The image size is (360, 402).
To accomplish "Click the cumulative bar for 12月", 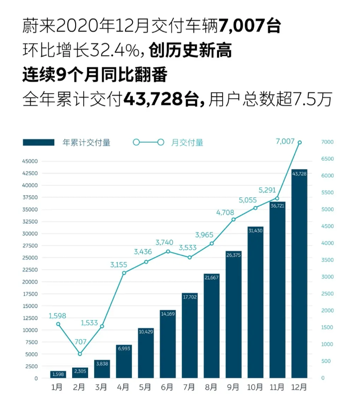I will (x=299, y=274).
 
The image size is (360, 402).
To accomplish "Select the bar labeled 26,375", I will (x=234, y=314).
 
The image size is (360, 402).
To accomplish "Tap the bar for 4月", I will (x=124, y=361).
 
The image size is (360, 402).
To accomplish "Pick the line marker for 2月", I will (x=80, y=354).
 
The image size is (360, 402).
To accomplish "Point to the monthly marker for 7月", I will (x=190, y=258).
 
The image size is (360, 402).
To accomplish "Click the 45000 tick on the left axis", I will (x=30, y=161).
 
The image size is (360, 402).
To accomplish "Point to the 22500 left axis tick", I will (x=30, y=269).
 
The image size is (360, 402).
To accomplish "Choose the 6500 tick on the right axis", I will (x=326, y=159).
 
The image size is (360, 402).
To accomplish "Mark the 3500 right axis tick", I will (x=326, y=260).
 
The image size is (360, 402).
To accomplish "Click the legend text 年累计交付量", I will (x=86, y=142).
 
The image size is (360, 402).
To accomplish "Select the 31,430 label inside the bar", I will (x=255, y=230).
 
